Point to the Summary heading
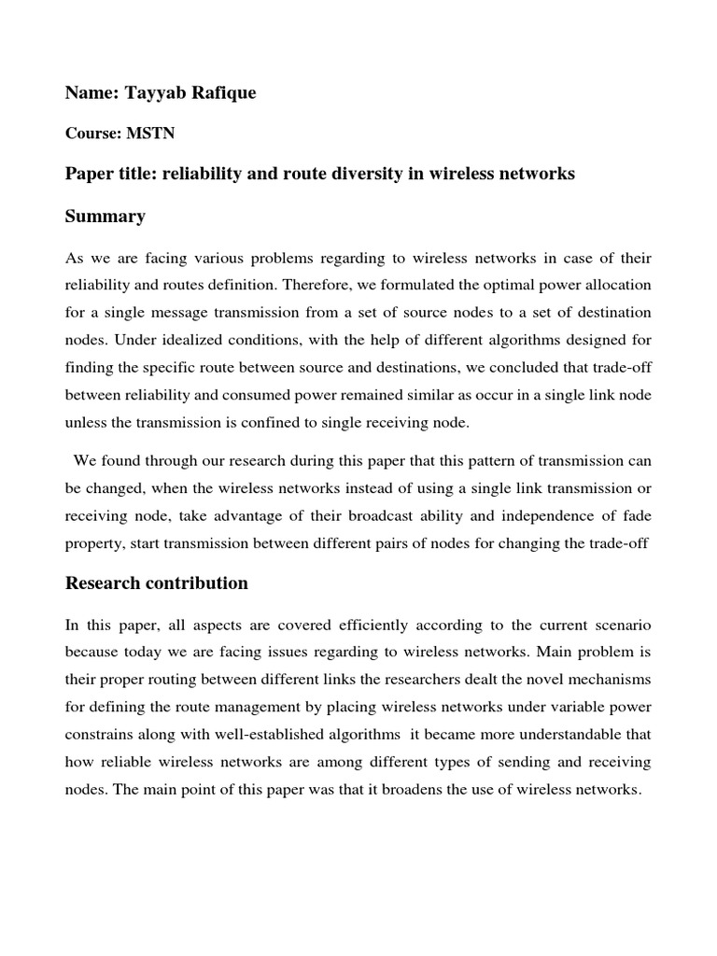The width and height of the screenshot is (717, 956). (x=105, y=217)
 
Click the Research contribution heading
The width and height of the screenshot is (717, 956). (x=156, y=583)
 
